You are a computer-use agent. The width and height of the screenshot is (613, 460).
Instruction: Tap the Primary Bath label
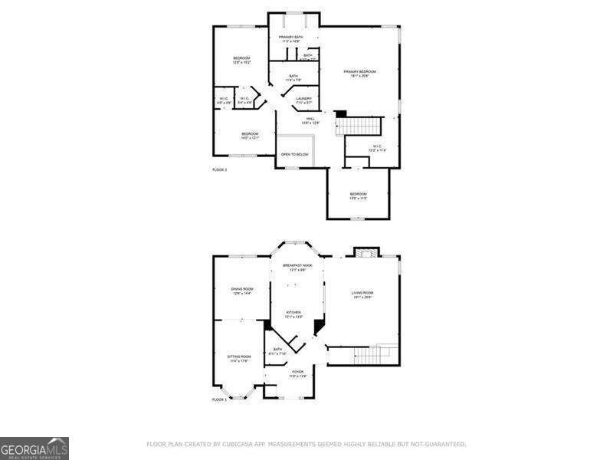coord(290,38)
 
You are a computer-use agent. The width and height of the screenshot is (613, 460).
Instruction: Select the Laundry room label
coord(303,100)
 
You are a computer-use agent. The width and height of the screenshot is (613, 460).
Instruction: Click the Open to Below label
coord(294,154)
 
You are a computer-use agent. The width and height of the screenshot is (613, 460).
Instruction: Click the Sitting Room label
coord(239,358)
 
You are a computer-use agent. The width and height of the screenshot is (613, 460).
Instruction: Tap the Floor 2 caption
coord(220,169)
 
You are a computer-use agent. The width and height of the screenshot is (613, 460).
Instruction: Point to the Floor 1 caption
coord(220,399)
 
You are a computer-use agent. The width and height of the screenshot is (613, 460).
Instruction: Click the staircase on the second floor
coord(361,125)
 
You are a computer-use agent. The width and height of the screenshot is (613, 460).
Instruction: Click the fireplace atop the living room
coord(362,252)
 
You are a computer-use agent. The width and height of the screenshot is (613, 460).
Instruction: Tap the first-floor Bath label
coord(277,352)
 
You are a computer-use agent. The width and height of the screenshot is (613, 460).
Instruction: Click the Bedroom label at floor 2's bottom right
coord(359,195)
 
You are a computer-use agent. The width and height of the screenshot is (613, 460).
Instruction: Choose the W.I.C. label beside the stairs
coord(377,148)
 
